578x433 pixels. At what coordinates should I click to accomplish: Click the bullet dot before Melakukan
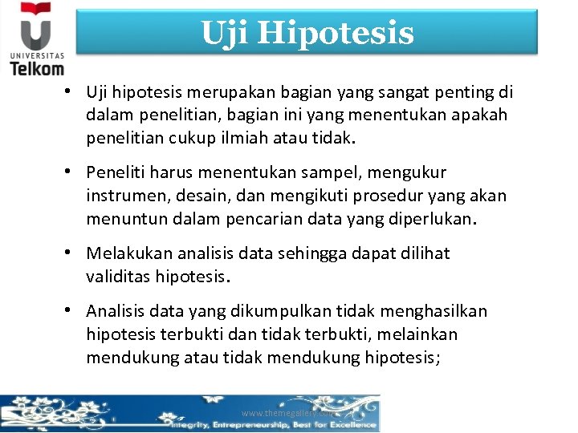point(72,253)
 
